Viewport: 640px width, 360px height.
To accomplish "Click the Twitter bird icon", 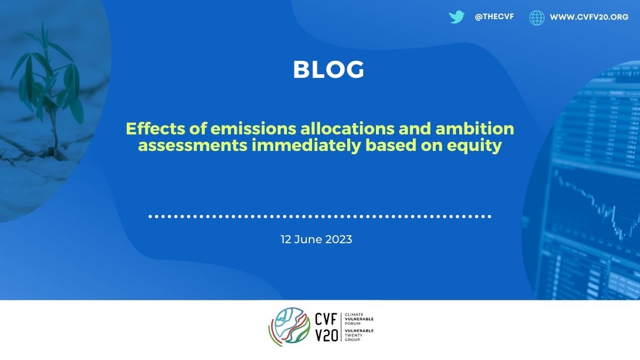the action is tap(457, 17).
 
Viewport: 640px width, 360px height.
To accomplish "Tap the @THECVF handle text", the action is tap(494, 17).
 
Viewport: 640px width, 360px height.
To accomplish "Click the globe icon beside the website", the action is tap(537, 18).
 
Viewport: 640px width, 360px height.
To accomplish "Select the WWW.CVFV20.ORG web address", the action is tap(589, 17).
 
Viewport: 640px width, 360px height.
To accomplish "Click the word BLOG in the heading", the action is tap(329, 69).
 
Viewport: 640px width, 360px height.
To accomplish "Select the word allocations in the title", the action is tap(347, 129).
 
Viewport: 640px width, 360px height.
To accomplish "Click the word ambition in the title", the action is tap(475, 129).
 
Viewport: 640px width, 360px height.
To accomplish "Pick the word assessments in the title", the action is tap(193, 146).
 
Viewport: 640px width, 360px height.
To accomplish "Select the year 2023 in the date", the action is tap(339, 239).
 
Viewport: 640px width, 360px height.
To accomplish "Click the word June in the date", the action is tap(308, 239).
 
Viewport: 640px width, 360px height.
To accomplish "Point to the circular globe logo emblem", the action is tap(289, 327).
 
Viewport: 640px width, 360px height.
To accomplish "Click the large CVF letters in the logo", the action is tap(326, 319).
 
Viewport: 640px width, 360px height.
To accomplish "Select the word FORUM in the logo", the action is tap(353, 323).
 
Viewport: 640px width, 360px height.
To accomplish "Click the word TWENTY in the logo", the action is tap(354, 335).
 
